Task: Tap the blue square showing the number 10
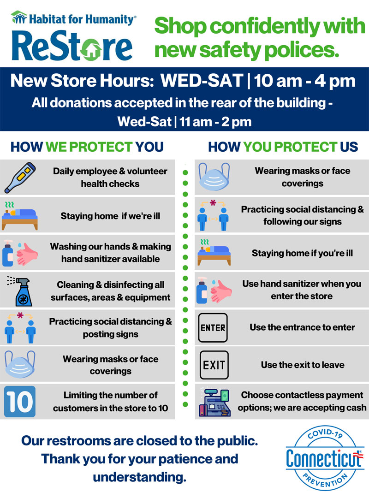tap(20, 401)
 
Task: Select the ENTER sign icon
tap(213, 327)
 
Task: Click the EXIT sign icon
tap(214, 365)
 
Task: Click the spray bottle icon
tap(21, 291)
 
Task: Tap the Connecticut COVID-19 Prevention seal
tap(325, 458)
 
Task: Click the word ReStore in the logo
tap(72, 46)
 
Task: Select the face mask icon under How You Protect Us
tap(214, 177)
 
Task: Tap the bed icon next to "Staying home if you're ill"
tap(214, 253)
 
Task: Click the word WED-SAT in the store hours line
tap(202, 81)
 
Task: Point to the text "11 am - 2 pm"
tap(215, 122)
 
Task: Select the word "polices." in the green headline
tap(302, 50)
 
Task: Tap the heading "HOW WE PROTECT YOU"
tap(87, 147)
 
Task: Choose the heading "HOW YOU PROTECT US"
tap(283, 147)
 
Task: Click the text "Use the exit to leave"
tap(303, 365)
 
